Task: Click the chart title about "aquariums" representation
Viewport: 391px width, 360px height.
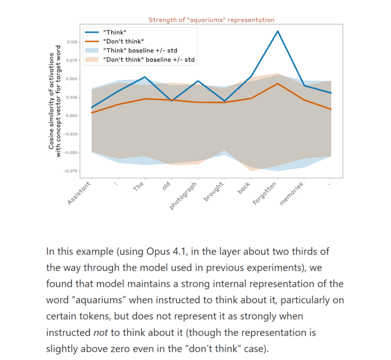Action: (211, 20)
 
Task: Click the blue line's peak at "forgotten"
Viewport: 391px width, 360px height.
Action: (277, 31)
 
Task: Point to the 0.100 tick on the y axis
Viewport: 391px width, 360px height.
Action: (71, 42)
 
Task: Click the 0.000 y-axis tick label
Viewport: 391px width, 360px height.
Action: (71, 116)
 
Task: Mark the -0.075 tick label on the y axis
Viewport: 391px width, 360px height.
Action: (70, 171)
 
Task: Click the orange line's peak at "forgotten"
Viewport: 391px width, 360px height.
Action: (277, 83)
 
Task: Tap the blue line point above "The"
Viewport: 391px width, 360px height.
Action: (145, 77)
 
